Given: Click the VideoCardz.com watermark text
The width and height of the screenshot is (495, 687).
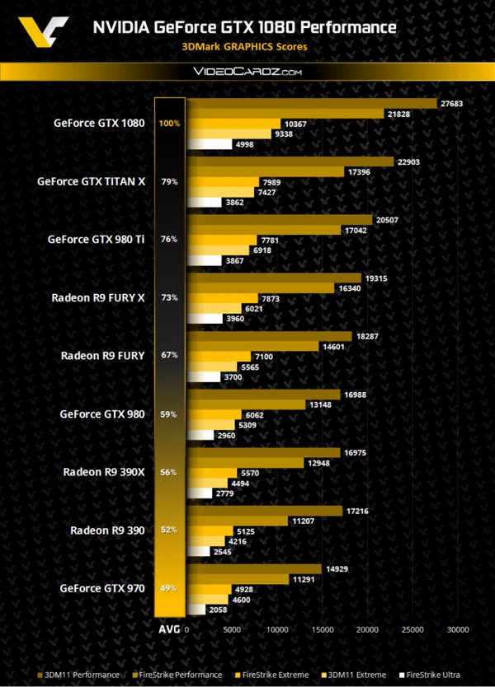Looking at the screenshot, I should [x=247, y=72].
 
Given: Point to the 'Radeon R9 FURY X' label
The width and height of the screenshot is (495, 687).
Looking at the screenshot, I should [x=96, y=297].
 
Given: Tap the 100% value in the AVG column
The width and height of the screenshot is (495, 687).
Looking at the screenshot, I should [x=169, y=124].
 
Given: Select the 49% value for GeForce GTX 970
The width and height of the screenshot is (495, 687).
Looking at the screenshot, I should [x=169, y=588].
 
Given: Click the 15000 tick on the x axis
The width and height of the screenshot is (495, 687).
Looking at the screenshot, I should [x=321, y=630].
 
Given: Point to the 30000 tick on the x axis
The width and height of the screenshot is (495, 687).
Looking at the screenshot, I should [x=456, y=630].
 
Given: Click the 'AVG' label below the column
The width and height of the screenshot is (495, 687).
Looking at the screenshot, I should [x=168, y=630].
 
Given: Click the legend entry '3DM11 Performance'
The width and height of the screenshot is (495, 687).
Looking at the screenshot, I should [x=82, y=675].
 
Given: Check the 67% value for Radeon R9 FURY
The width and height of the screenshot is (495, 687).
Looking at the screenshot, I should [x=169, y=356].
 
